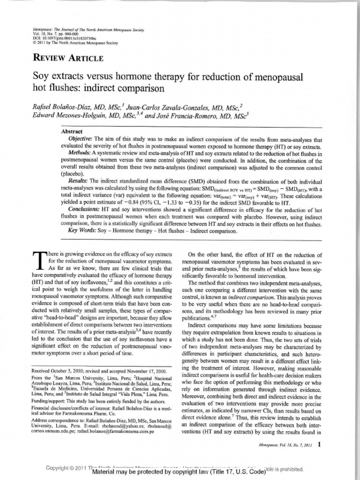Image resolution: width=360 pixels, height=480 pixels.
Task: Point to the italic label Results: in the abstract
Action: coord(78,181)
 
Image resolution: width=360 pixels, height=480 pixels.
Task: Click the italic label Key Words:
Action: coord(82,231)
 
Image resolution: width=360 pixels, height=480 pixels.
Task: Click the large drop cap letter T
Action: coord(39,261)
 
